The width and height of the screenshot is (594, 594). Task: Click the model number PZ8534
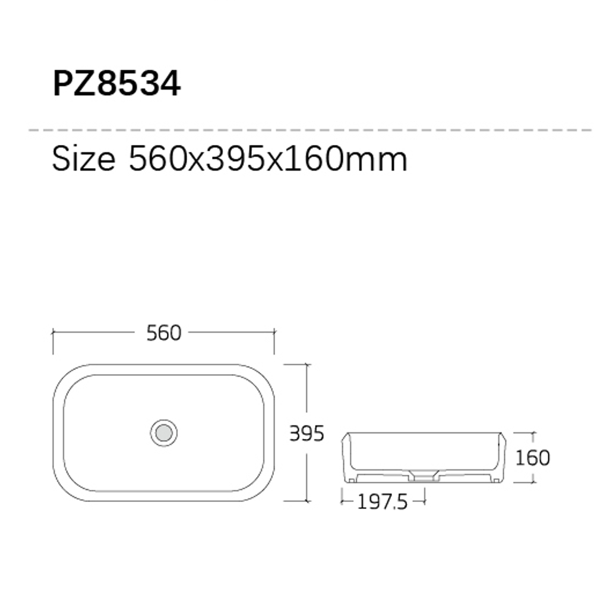pos(116,83)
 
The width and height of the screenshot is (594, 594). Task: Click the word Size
pos(83,159)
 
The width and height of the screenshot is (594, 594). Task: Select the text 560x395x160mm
pos(268,159)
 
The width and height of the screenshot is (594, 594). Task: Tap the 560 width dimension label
pos(164,333)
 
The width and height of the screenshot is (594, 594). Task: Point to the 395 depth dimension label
pos(307,434)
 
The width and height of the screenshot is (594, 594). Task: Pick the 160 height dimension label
pos(533,457)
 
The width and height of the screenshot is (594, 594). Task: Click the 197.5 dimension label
pos(382,503)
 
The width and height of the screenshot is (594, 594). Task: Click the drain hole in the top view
pos(164,433)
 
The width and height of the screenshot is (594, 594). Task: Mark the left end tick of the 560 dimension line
pos(53,332)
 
